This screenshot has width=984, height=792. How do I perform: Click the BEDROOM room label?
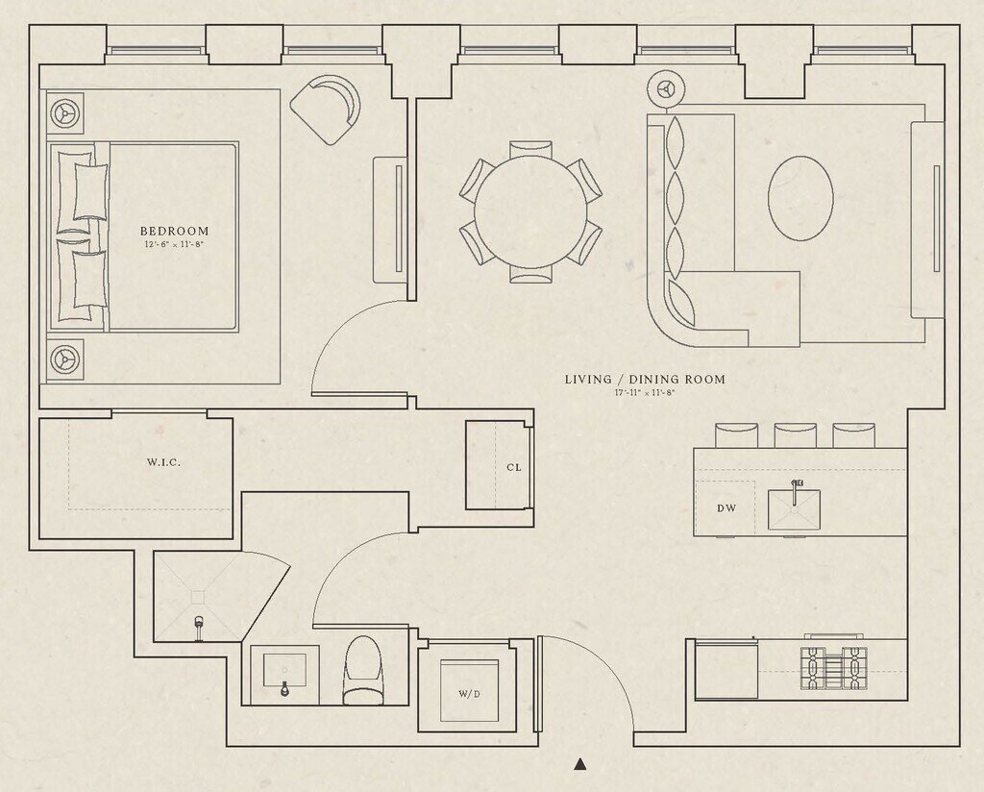coord(175,231)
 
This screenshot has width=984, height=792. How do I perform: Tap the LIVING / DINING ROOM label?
coord(645,379)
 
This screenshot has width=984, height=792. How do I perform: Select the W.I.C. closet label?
coord(163,462)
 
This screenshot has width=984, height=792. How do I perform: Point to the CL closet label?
coord(514,467)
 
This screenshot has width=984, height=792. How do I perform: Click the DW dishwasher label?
coord(726,508)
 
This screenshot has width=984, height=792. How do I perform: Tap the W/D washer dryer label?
coord(469,694)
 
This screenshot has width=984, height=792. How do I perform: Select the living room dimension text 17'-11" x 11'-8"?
coord(645,393)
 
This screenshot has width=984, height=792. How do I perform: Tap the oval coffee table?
coord(800,198)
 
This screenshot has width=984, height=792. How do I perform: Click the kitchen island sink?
coord(795,507)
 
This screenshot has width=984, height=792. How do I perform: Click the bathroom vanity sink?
coord(284,675)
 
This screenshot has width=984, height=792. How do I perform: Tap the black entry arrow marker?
coord(580,764)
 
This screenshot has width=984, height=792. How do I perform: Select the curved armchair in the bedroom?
coord(325,110)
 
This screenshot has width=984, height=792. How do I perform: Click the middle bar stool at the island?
coord(795,435)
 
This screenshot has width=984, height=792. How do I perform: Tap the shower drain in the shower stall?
coord(198,596)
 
